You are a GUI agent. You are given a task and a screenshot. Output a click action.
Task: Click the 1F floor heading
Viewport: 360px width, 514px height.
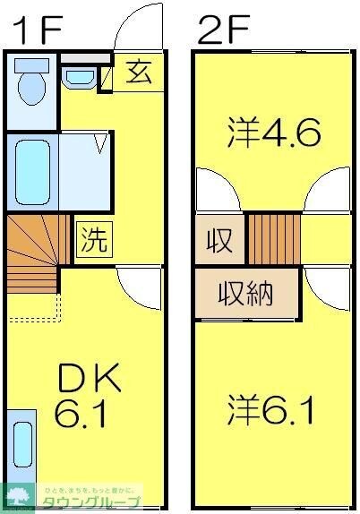point(37,28)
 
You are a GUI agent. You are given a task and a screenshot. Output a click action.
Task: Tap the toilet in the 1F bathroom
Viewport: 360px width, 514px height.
point(32,84)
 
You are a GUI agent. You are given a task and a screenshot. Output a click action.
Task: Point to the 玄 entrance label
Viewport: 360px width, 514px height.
point(138,72)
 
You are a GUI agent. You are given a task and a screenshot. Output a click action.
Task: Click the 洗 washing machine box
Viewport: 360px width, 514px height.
point(94,239)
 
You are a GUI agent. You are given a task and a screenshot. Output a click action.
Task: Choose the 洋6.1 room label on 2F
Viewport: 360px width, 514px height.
point(270,412)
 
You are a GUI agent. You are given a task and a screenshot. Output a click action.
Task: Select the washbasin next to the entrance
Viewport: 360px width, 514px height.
point(81,76)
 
